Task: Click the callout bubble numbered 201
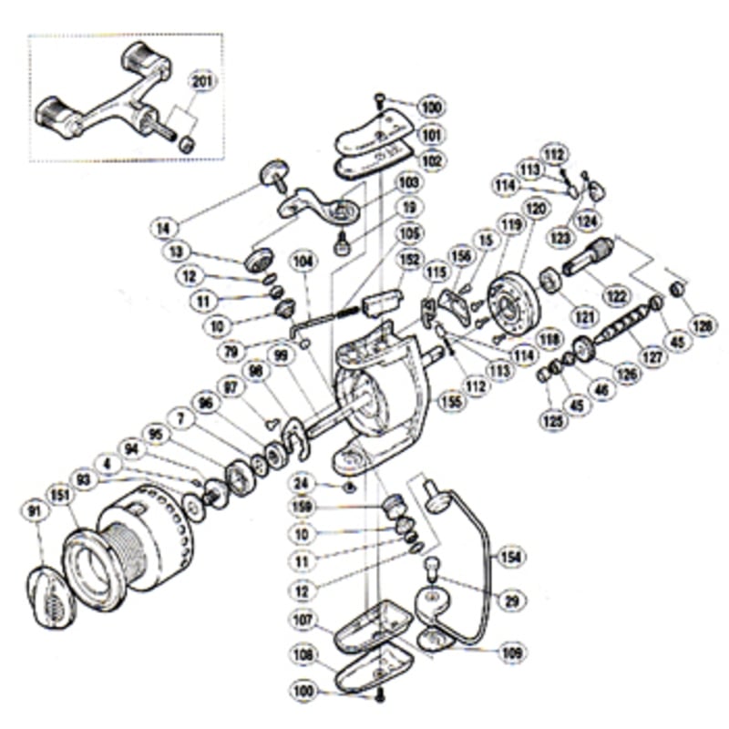point(201,81)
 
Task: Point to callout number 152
point(409,260)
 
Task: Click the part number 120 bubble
point(537,209)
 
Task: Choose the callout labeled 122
point(619,295)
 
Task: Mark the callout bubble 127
point(654,357)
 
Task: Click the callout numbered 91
point(36,513)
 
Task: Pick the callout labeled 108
point(303,655)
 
